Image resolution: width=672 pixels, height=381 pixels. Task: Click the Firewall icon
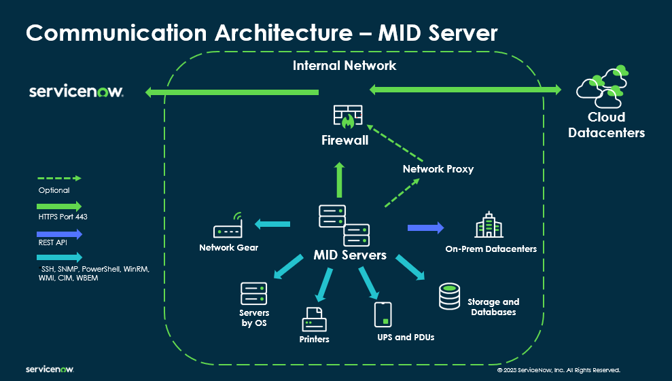pyautogui.click(x=347, y=116)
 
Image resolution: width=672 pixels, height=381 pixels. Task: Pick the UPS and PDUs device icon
pyautogui.click(x=383, y=314)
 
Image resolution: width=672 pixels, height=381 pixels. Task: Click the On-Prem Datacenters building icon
pyautogui.click(x=488, y=226)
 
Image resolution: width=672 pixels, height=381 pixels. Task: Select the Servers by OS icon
pyautogui.click(x=253, y=293)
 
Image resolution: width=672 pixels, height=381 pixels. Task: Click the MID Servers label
pyautogui.click(x=350, y=255)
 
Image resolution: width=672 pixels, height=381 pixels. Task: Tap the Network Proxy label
pyautogui.click(x=438, y=168)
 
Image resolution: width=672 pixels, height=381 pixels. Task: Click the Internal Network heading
pyautogui.click(x=344, y=66)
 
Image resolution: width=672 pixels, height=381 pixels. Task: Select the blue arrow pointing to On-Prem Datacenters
pyautogui.click(x=425, y=228)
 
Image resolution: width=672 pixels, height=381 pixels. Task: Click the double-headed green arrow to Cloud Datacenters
pyautogui.click(x=465, y=89)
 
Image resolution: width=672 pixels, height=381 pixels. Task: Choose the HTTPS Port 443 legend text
pyautogui.click(x=63, y=217)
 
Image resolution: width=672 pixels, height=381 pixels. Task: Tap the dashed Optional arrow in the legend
pyautogui.click(x=59, y=178)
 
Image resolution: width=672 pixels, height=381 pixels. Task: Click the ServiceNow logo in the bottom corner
pyautogui.click(x=50, y=369)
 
